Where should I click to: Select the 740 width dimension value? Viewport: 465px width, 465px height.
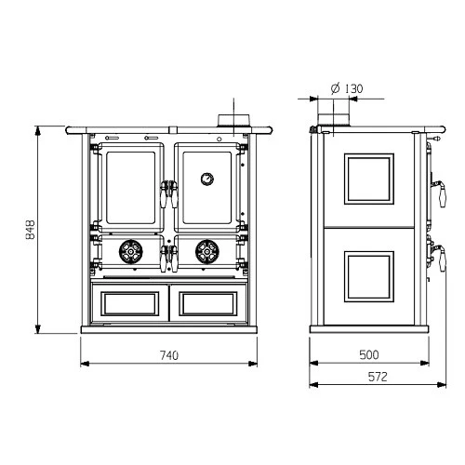pyautogui.click(x=168, y=354)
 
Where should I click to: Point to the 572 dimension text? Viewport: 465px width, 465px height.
pyautogui.click(x=376, y=376)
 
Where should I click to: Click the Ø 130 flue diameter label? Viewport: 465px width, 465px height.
pyautogui.click(x=346, y=89)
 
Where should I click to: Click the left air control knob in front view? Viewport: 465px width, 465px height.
pyautogui.click(x=131, y=251)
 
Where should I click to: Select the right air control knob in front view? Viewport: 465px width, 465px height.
pyautogui.click(x=205, y=251)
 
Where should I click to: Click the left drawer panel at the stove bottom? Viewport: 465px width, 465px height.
pyautogui.click(x=130, y=303)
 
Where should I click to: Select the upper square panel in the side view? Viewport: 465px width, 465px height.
pyautogui.click(x=368, y=179)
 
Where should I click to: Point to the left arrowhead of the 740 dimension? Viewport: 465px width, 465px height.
pyautogui.click(x=84, y=363)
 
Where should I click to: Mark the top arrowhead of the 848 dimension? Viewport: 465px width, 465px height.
pyautogui.click(x=38, y=127)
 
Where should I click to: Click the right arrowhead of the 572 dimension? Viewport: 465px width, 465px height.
pyautogui.click(x=442, y=384)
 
